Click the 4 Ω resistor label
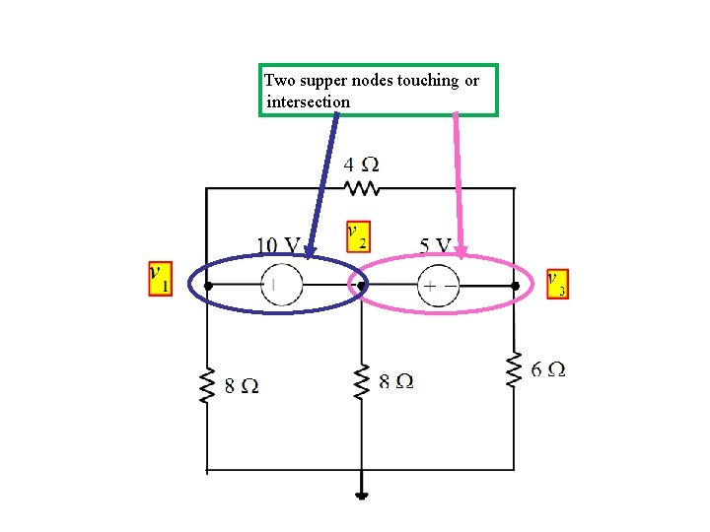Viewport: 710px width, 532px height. [x=361, y=164]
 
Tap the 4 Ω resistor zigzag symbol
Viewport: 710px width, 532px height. [x=361, y=187]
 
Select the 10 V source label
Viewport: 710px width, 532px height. [x=279, y=244]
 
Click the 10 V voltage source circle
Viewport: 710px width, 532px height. [x=281, y=286]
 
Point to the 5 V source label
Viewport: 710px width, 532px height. [x=434, y=244]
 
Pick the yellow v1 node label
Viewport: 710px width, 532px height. [x=159, y=278]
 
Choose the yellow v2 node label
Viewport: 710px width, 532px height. [x=358, y=235]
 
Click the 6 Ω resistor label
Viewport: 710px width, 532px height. [x=548, y=369]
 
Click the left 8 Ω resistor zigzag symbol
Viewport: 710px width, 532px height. [x=207, y=386]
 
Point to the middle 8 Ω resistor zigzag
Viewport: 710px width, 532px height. [x=362, y=380]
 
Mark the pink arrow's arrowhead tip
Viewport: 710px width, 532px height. [x=461, y=259]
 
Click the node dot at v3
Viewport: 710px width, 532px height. [x=515, y=286]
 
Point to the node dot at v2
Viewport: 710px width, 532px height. [x=362, y=286]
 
